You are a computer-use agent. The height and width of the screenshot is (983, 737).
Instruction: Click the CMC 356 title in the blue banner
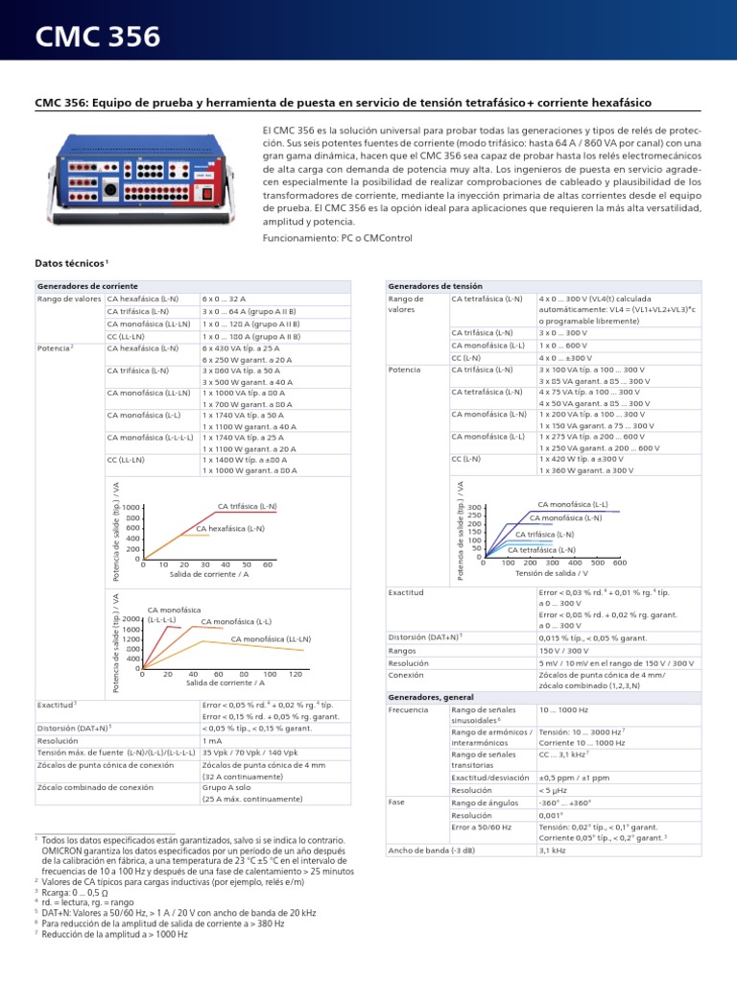98,37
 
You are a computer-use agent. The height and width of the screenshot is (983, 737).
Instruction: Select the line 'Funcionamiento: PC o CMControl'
338,237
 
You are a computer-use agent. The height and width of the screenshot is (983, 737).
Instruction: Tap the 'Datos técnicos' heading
71,262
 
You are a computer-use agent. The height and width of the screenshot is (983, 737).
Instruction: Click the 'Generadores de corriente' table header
87,286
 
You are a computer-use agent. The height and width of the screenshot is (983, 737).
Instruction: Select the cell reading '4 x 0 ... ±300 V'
573,357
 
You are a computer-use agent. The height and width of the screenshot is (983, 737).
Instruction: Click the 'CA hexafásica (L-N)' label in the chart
230,529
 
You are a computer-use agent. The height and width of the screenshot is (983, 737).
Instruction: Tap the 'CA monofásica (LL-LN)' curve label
272,638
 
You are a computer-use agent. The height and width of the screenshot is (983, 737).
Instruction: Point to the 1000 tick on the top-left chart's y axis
132,507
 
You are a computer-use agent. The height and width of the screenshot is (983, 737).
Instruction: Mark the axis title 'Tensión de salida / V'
551,573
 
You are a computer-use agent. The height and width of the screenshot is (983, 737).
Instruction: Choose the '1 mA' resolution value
212,741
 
